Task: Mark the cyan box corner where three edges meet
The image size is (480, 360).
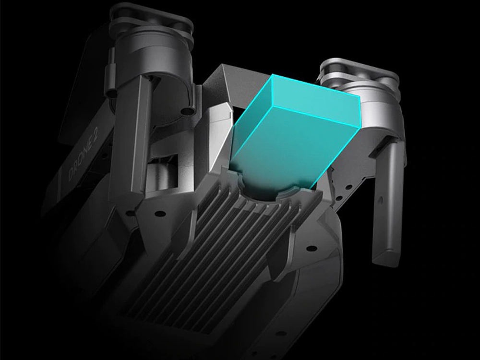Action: [x=272, y=106]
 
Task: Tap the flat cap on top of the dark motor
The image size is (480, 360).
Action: [x=152, y=18]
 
